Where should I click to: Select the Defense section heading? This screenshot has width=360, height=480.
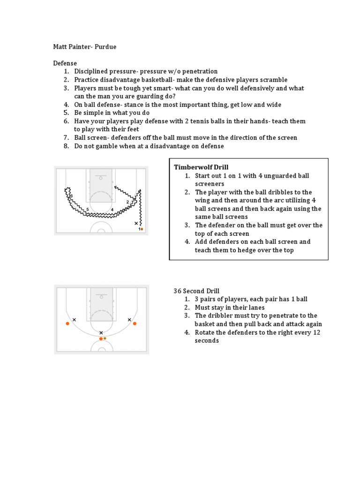(x=65, y=63)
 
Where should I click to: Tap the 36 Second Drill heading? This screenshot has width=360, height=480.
(x=197, y=291)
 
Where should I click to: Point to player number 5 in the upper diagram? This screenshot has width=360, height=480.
(x=88, y=210)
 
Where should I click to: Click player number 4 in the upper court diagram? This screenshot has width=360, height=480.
(x=112, y=210)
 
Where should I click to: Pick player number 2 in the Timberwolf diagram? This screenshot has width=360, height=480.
(x=127, y=202)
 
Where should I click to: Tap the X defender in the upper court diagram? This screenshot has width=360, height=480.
(x=136, y=224)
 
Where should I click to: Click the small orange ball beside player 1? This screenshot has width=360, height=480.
(x=142, y=229)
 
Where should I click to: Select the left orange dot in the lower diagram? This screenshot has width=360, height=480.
(x=67, y=323)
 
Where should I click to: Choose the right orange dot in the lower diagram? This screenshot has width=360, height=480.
(x=135, y=323)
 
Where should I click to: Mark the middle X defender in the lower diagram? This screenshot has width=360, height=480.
(x=101, y=333)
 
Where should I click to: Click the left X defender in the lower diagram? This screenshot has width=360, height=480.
(x=75, y=320)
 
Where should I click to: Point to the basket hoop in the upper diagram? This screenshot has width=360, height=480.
(x=101, y=177)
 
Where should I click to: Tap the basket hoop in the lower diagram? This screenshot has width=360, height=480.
(x=101, y=296)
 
